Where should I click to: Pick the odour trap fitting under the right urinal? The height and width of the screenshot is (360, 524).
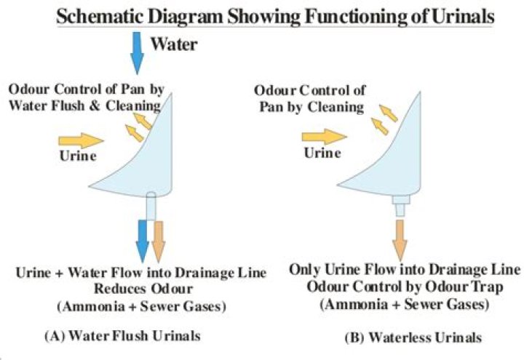tap(400, 205)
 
